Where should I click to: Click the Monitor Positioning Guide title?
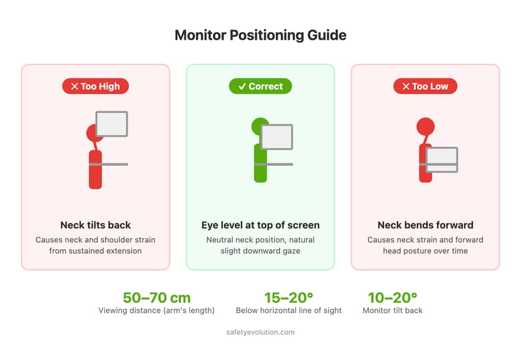[260, 36]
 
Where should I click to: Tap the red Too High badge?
[96, 86]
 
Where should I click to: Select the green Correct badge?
[260, 86]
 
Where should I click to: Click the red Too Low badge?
[425, 86]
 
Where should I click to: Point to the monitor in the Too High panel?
[112, 124]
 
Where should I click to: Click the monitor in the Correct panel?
[277, 137]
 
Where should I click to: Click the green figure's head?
[259, 126]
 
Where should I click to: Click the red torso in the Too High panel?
[95, 171]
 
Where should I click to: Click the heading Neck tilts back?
[96, 225]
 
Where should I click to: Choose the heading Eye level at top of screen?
[260, 225]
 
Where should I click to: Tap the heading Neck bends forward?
[425, 225]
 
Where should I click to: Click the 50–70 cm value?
[156, 298]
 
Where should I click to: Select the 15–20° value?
[289, 298]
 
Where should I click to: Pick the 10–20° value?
[392, 298]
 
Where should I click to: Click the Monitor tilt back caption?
[392, 311]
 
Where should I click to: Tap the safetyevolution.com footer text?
[260, 332]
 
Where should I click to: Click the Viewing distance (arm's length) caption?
[156, 311]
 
